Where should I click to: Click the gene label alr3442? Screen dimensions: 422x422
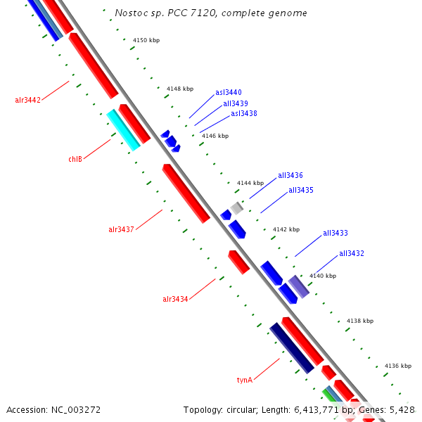click(28, 100)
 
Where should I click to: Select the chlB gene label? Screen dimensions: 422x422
click(75, 159)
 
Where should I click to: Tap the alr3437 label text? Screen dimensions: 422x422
click(121, 229)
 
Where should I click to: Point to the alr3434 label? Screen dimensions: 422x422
click(175, 299)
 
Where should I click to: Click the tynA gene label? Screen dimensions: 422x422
click(244, 380)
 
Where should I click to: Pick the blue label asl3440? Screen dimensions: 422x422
click(229, 92)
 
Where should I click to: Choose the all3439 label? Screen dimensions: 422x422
click(236, 103)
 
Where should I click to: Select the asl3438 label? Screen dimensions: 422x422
click(244, 113)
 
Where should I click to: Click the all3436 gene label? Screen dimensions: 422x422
click(290, 175)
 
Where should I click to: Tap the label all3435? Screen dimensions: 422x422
click(301, 190)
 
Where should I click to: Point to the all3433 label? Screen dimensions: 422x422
click(335, 233)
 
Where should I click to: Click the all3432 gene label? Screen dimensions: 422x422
click(352, 253)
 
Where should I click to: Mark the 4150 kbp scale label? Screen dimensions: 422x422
click(146, 40)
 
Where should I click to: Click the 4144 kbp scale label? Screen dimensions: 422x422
click(250, 183)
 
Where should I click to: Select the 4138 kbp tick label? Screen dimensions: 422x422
click(359, 321)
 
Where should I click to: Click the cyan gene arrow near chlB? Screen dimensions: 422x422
click(123, 130)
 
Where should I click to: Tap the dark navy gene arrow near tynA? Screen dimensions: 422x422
click(291, 347)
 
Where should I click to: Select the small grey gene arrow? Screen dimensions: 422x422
click(237, 207)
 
